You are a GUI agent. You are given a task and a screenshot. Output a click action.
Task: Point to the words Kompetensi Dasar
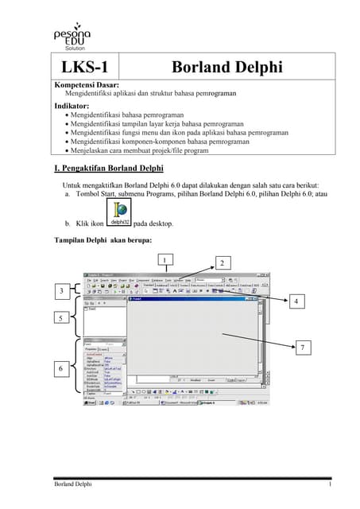click(x=86, y=84)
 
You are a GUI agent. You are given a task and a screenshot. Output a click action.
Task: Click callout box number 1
click(x=164, y=259)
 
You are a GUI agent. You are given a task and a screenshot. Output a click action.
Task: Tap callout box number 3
click(x=62, y=293)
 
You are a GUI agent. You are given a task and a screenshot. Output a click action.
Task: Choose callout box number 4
click(x=296, y=301)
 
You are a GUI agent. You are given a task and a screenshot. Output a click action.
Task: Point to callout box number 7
click(x=301, y=348)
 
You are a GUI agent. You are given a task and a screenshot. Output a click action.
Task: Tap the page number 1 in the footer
click(x=329, y=484)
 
